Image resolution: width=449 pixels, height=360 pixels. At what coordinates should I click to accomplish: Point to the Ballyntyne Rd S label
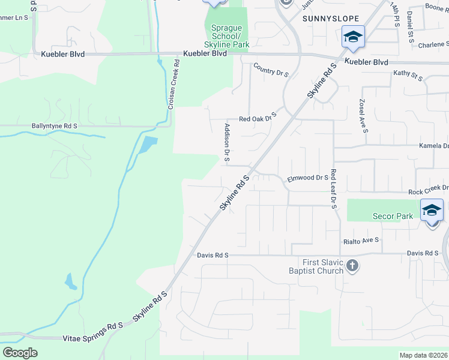[x=55, y=126]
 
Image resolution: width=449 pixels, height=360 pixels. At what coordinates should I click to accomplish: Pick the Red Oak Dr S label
[x=258, y=118]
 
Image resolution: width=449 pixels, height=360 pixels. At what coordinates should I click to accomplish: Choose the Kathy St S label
[x=408, y=75]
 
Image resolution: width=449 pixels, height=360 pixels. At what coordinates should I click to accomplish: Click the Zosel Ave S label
[x=363, y=116]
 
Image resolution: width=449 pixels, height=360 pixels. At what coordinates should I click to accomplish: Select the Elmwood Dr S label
[x=308, y=178]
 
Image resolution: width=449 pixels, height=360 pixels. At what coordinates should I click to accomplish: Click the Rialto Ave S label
[x=361, y=241]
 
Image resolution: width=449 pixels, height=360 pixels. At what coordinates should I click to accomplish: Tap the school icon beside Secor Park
[x=432, y=211]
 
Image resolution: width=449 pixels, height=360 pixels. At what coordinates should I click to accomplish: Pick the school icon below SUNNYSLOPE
[x=353, y=37]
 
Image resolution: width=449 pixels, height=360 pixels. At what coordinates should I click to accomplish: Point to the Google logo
[x=20, y=353]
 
